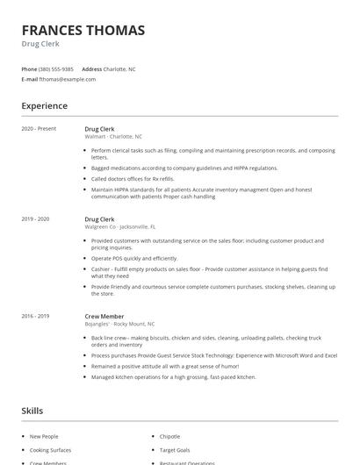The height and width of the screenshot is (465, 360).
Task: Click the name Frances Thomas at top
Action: pos(83,30)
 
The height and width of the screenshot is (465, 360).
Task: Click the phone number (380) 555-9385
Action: pos(57,68)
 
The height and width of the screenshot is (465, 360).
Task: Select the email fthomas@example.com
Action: pos(68,79)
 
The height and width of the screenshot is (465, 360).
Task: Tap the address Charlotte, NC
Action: pos(119,68)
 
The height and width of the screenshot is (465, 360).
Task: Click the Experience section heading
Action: pos(45,106)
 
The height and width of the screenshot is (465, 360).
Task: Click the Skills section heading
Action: pos(32,411)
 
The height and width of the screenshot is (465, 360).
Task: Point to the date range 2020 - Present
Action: pos(40,129)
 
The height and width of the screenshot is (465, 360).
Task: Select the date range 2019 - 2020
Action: pos(36,218)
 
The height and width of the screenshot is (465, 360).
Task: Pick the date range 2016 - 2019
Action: pos(36,315)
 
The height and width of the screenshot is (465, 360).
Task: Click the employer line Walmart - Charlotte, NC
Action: pos(113,137)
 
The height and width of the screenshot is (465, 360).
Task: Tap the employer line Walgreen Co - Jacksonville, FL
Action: pos(119,226)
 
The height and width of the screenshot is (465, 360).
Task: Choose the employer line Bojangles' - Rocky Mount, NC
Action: pos(119,323)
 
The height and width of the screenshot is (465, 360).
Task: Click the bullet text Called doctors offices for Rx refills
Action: pos(135,178)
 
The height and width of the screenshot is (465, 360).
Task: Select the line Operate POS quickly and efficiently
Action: pos(134,258)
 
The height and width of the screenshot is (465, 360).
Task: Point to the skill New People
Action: pos(44,436)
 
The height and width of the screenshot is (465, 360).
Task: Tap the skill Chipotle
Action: pos(169,436)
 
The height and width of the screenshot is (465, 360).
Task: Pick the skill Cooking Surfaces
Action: pos(50,449)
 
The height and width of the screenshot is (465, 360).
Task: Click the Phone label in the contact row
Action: pos(29,68)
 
